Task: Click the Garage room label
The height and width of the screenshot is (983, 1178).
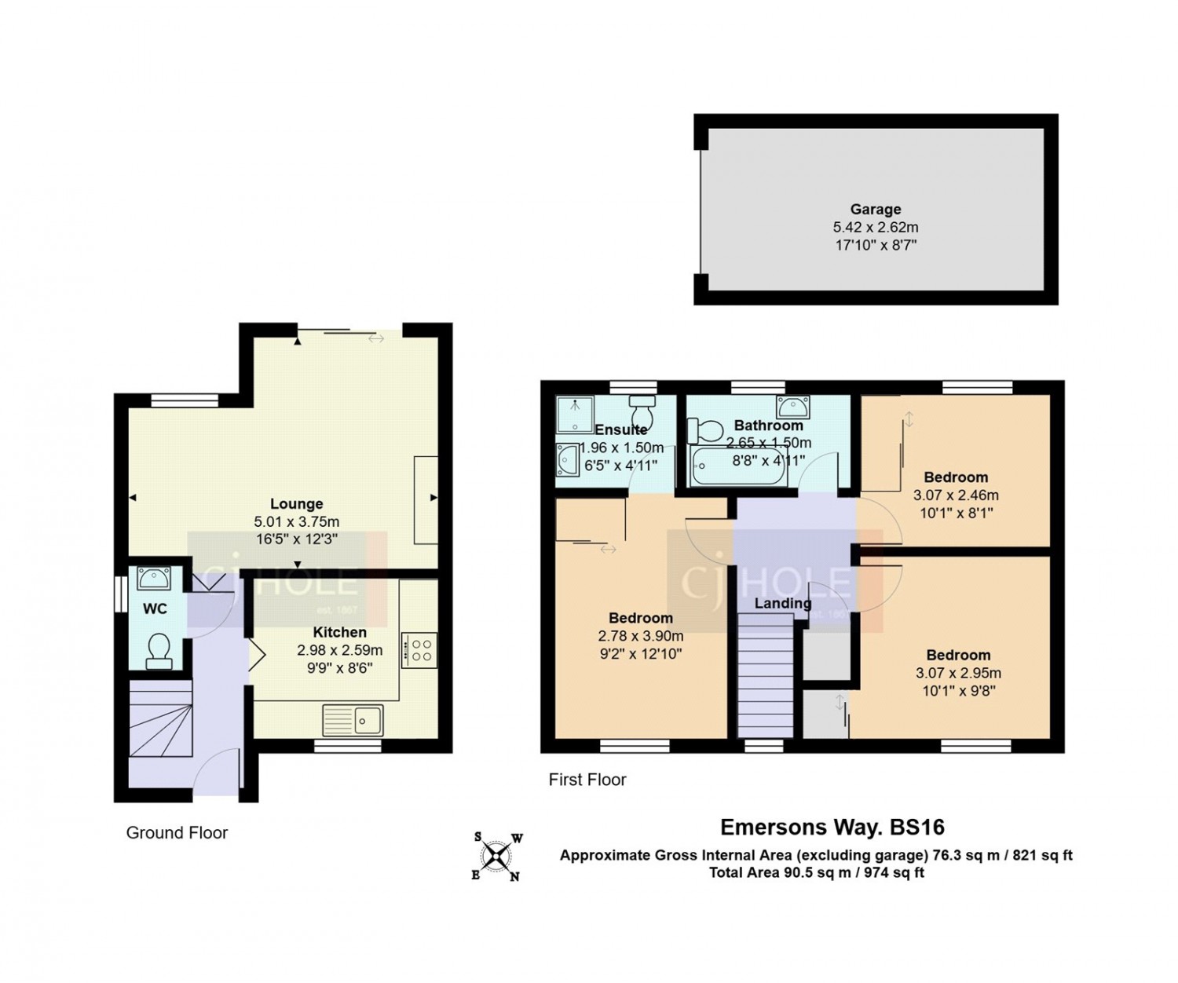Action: tap(875, 209)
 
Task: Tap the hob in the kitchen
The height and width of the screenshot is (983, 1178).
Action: tap(419, 650)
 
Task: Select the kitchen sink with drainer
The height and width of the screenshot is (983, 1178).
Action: tap(353, 720)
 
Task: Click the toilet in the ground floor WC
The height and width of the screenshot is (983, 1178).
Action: tap(159, 651)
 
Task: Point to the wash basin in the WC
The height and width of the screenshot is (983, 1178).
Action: tap(151, 579)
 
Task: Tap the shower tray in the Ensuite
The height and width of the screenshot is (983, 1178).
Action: tap(575, 415)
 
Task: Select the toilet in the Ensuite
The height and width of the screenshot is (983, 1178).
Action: tap(642, 411)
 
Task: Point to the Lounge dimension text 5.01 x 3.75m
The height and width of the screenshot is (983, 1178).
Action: tap(296, 521)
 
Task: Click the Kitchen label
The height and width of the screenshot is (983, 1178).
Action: tap(339, 632)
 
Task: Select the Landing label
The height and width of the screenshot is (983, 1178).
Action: tap(783, 604)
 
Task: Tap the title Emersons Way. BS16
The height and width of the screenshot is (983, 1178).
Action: tap(832, 828)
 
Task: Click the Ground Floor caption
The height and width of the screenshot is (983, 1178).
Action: tap(177, 832)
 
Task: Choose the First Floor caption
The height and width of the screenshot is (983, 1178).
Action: tap(587, 780)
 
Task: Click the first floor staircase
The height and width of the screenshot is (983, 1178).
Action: tap(766, 676)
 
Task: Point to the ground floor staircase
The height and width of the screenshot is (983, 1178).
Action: tap(161, 718)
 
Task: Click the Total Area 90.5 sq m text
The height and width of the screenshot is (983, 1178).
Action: tap(817, 872)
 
